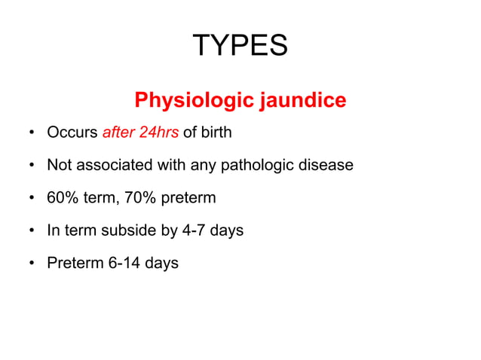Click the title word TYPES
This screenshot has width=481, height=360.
click(240, 47)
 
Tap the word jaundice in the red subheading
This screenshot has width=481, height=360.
click(304, 100)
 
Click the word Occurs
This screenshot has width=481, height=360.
click(72, 133)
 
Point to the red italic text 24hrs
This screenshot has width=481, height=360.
click(159, 133)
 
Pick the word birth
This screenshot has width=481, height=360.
click(216, 133)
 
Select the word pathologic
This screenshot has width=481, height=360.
click(254, 166)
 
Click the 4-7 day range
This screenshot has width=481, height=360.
click(191, 230)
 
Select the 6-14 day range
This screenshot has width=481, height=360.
click(121, 264)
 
